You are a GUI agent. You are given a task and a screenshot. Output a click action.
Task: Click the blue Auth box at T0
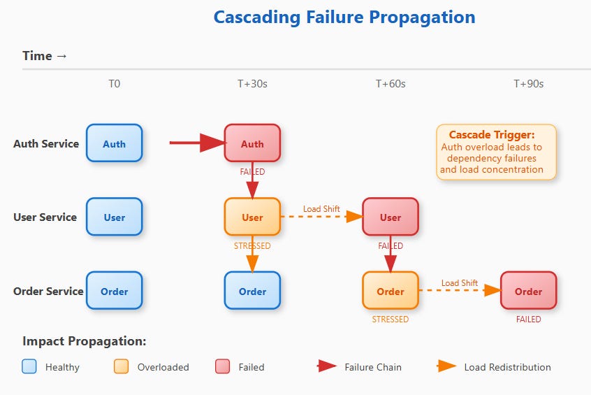point(114,144)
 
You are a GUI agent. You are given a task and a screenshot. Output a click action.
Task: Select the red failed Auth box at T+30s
point(252,144)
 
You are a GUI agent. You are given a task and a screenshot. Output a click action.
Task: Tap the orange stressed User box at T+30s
point(252,217)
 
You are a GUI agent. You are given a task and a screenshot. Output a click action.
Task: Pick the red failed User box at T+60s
point(390,217)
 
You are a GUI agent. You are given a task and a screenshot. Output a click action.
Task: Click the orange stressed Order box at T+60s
point(390,291)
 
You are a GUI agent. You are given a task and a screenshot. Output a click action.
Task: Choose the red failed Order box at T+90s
point(528,291)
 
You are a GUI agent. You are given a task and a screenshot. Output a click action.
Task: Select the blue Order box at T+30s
point(252,291)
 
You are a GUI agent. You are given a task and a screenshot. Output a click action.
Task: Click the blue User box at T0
point(114,217)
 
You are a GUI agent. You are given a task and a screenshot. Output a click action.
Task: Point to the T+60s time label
point(391,84)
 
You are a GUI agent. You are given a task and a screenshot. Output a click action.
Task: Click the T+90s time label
point(528,84)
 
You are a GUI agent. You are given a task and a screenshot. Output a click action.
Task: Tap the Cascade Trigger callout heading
point(491,135)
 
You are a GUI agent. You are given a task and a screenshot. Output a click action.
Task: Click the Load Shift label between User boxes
point(321,209)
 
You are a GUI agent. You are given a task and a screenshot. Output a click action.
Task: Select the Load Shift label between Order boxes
point(459,282)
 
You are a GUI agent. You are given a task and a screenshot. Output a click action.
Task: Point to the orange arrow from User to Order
point(252,258)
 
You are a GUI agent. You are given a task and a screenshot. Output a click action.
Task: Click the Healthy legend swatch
point(29,367)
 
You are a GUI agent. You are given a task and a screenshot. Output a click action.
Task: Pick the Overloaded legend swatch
point(121,367)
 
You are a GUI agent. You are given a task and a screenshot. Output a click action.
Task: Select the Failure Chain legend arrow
point(327,366)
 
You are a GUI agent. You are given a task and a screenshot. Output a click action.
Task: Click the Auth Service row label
point(45,144)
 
